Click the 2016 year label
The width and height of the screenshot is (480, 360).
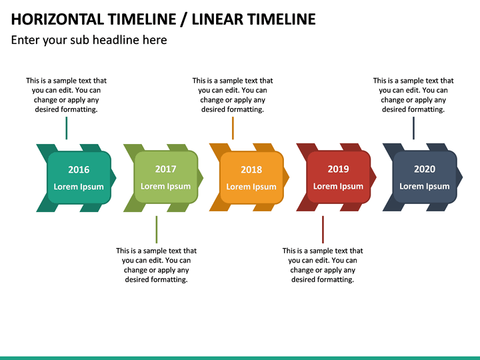79,170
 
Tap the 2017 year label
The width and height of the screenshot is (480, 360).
165,169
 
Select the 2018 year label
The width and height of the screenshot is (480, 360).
251,170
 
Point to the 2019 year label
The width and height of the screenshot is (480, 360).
338,169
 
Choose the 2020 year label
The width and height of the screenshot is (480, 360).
425,169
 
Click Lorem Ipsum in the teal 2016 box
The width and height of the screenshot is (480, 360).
79,187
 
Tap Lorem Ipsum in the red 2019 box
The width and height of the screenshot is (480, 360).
338,187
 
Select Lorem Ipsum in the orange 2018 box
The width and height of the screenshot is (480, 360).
251,187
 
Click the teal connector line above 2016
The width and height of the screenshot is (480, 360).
67,128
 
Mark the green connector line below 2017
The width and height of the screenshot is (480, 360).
157,229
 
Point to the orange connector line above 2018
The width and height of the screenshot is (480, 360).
233,128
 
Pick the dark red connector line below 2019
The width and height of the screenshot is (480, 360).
323,229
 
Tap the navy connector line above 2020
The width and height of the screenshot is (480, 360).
413,128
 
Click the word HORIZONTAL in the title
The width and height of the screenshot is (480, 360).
57,19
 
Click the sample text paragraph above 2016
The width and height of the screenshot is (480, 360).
66,95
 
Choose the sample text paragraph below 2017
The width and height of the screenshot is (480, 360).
156,265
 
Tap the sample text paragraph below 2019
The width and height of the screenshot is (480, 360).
323,265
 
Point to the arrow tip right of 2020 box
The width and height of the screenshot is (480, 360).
459,177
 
